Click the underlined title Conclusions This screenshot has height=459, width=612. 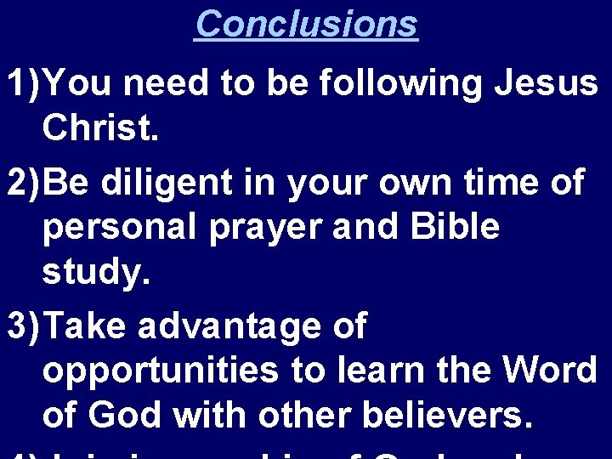(306, 23)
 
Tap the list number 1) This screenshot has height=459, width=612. (20, 84)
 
